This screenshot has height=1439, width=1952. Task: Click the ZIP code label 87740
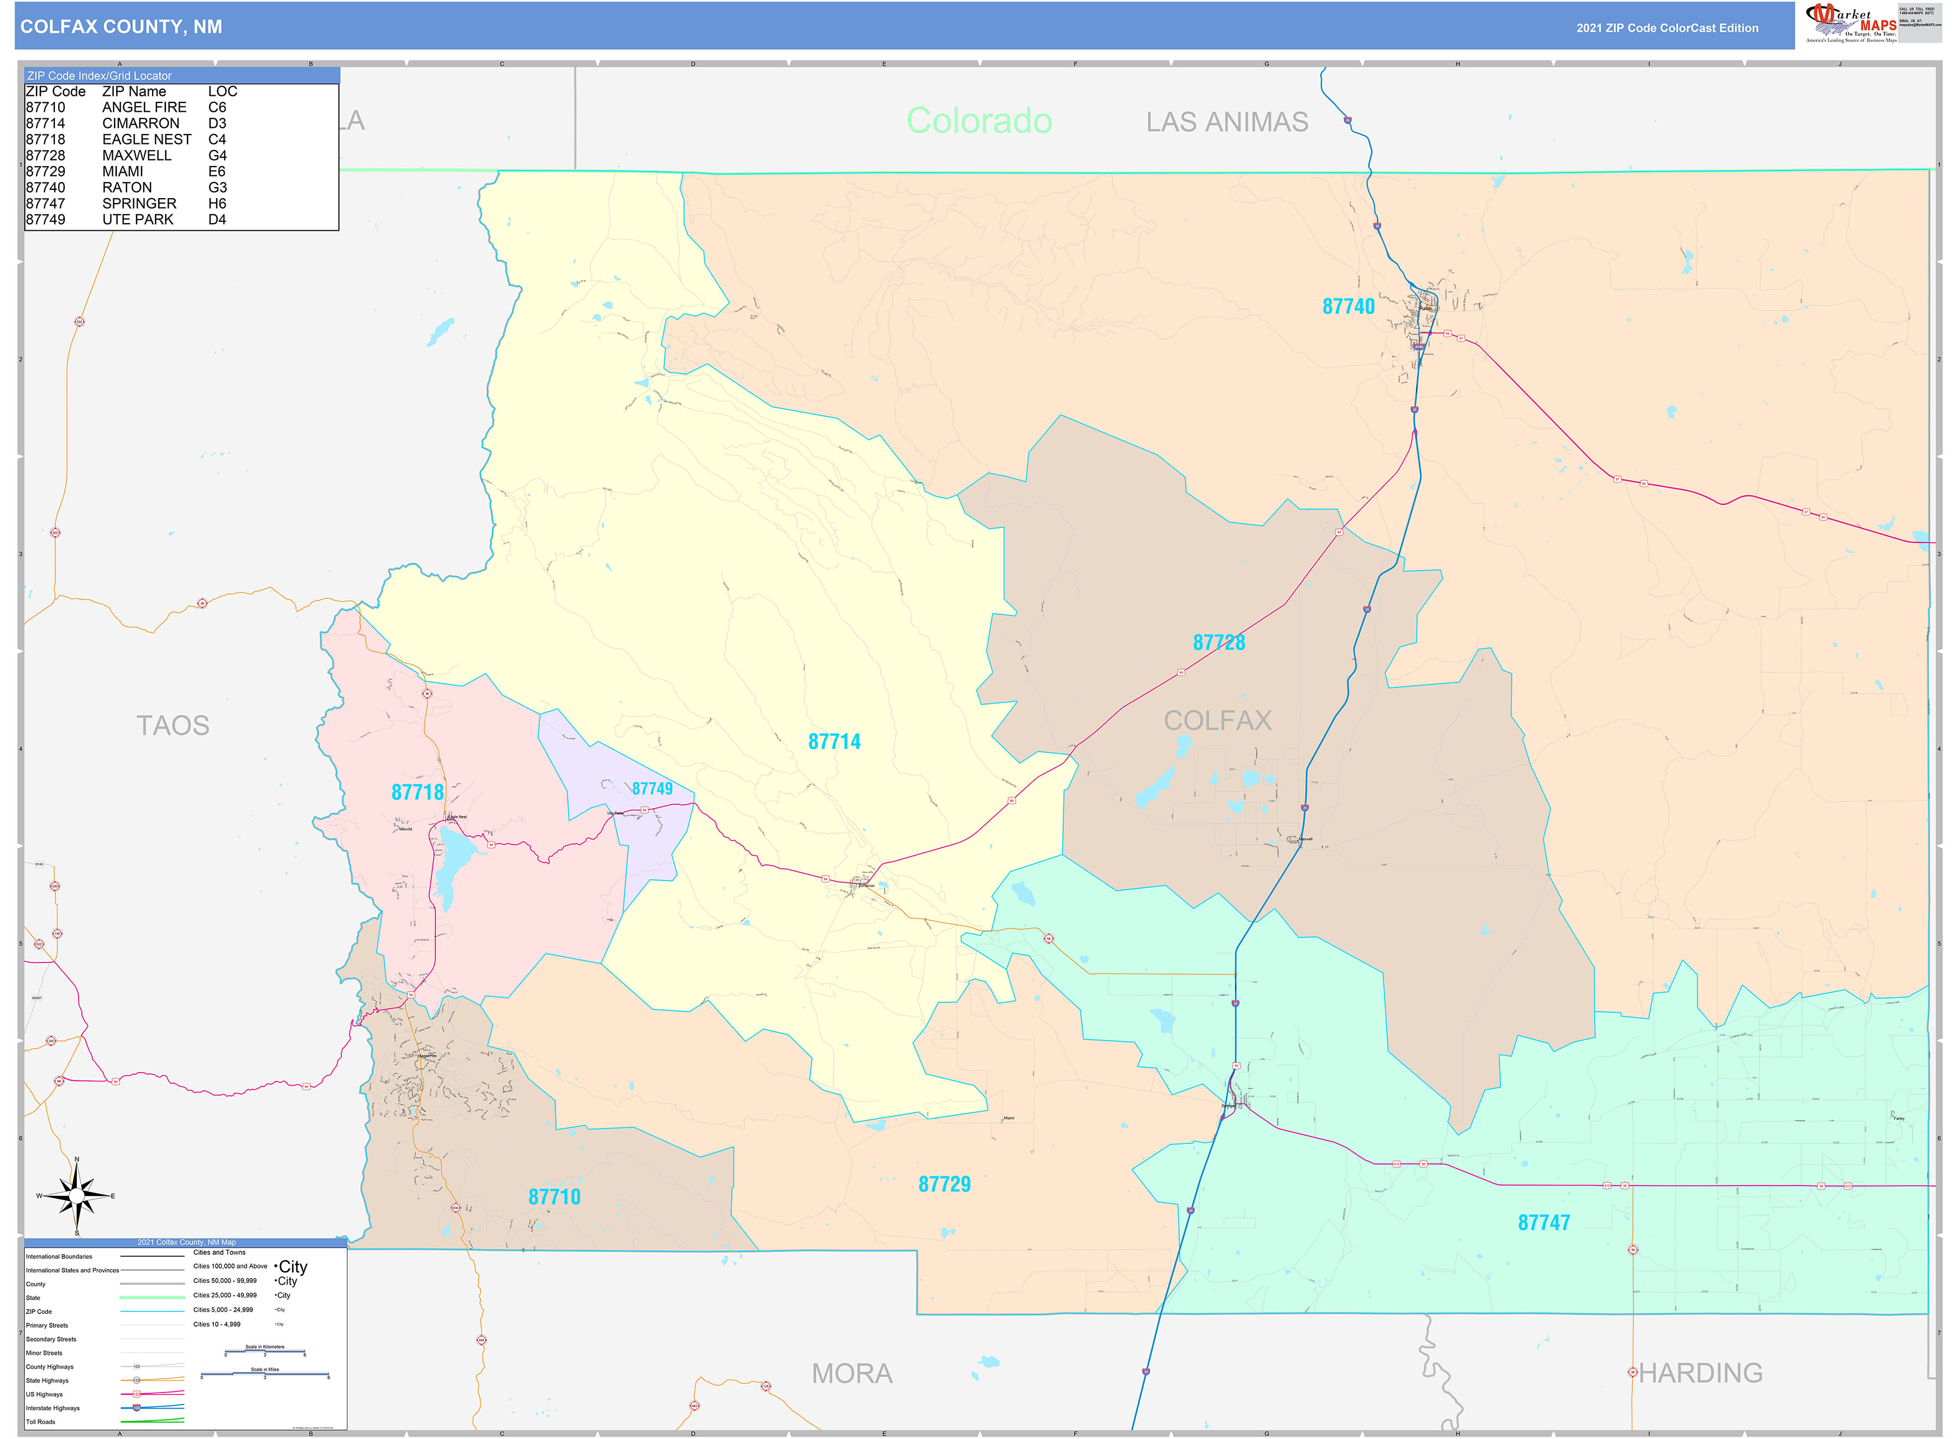(1348, 307)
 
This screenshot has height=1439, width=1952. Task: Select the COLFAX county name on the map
(1217, 721)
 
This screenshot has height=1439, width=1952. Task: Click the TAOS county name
(173, 726)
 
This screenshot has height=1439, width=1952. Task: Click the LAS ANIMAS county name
(1227, 122)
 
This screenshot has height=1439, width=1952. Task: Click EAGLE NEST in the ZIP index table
(146, 139)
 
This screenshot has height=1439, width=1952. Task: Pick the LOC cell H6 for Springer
(217, 204)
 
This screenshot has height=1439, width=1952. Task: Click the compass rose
(77, 1196)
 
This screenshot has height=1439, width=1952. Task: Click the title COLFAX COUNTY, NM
(121, 27)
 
